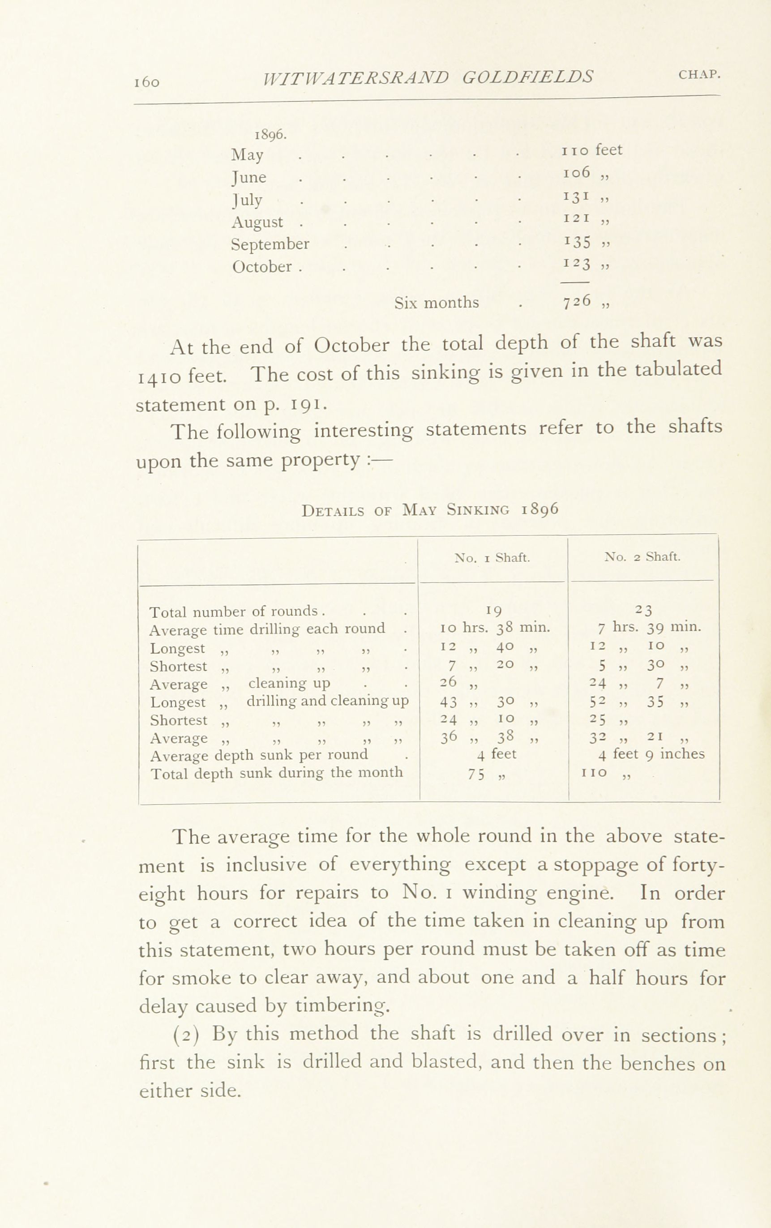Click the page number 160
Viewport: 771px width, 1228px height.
pos(147,82)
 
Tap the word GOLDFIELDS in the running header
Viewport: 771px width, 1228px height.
pos(528,77)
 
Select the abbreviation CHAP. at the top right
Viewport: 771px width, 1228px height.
pos(699,74)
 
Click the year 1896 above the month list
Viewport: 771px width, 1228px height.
pos(270,135)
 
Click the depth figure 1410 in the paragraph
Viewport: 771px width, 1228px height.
pos(161,376)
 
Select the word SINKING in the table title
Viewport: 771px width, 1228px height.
pos(478,510)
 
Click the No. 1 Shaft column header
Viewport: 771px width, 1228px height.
pos(492,558)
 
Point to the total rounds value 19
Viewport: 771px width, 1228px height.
pos(493,610)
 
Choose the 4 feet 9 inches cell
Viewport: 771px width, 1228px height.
pos(651,754)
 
